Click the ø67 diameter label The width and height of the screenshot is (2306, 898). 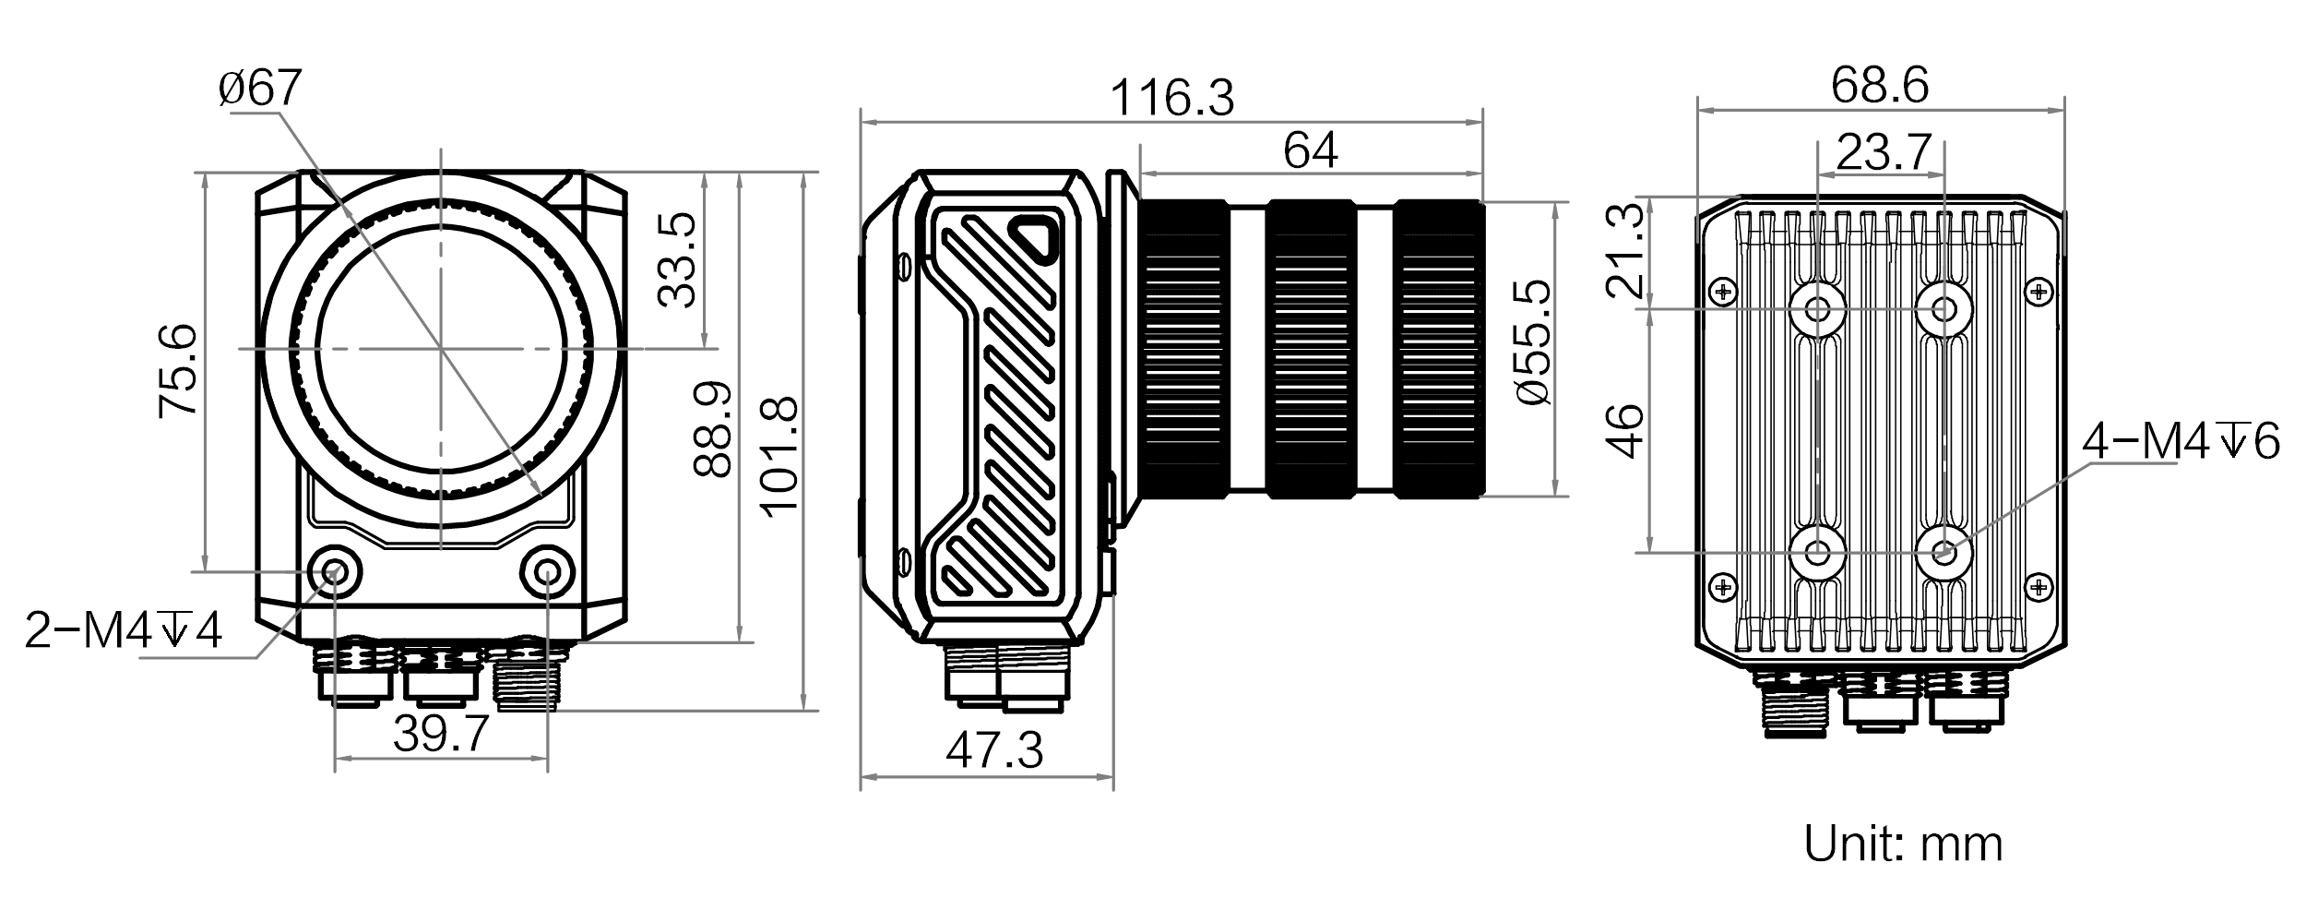(x=260, y=89)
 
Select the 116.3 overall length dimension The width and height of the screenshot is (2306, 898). (x=1171, y=98)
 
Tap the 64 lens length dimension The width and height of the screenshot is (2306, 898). (x=1311, y=150)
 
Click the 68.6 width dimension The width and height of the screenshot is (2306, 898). (x=1880, y=86)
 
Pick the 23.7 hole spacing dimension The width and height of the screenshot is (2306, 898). (x=1883, y=153)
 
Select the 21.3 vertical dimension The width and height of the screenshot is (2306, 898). (x=1626, y=250)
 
